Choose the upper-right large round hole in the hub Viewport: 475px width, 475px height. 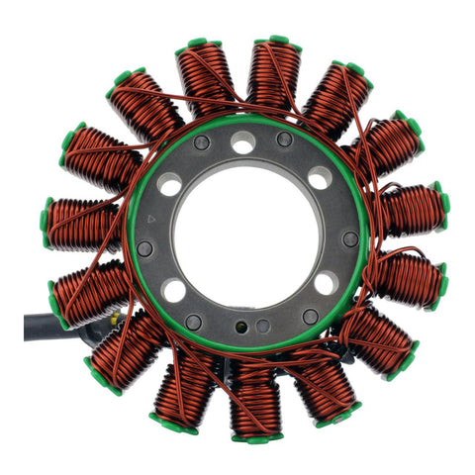[319, 179]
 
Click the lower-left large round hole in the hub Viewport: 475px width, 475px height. [173, 291]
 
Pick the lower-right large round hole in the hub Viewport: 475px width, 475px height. [325, 284]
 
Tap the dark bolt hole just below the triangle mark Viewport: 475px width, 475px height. [145, 247]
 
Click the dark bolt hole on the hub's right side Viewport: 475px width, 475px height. [350, 239]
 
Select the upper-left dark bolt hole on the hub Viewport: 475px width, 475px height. [202, 143]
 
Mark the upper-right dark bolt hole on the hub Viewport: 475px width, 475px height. [285, 140]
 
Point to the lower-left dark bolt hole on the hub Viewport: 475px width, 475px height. [195, 322]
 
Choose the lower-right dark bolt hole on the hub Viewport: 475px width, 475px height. [310, 316]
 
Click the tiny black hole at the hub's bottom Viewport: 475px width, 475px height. [240, 324]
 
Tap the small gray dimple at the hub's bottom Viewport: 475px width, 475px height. [262, 326]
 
